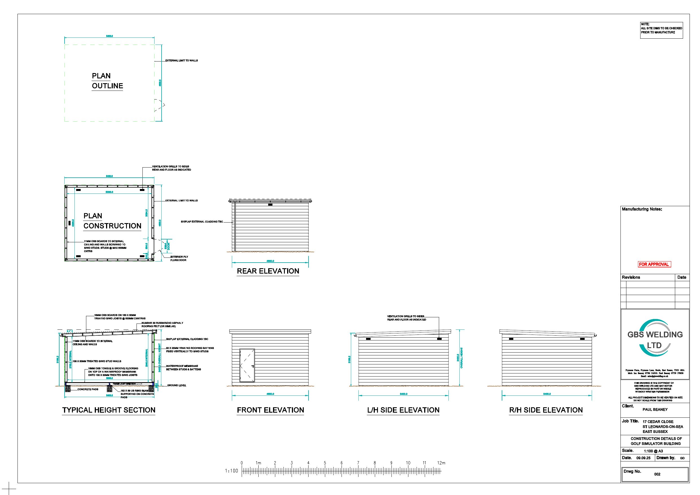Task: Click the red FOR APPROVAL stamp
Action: tap(654, 265)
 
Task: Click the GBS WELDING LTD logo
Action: tap(655, 340)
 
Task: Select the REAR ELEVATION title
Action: tap(268, 271)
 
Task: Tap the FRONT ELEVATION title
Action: tap(270, 410)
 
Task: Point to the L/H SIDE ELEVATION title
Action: tap(403, 410)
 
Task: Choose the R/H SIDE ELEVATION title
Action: tap(546, 410)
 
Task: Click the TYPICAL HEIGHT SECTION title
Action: tap(109, 410)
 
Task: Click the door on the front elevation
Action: tap(247, 365)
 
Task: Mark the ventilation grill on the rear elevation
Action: tap(270, 205)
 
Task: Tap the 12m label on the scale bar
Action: tap(441, 463)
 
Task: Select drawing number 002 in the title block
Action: tap(657, 474)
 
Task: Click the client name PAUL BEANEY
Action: tap(655, 410)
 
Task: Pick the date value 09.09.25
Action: tap(643, 458)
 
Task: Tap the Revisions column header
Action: tap(631, 277)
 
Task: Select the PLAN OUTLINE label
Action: tap(107, 81)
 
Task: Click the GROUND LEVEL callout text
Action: tap(177, 386)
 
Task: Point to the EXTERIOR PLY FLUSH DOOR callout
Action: tap(178, 258)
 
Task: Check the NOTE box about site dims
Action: tap(661, 30)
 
